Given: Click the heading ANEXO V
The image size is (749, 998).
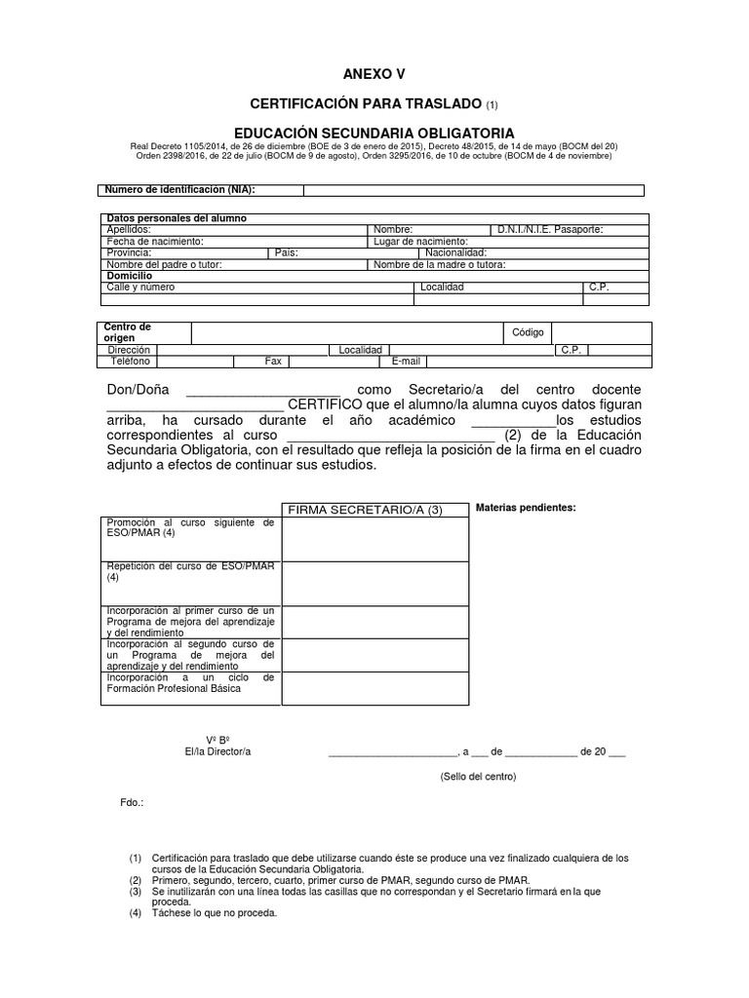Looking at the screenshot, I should (374, 74).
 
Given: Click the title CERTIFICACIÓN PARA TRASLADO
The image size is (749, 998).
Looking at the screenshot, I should (366, 103).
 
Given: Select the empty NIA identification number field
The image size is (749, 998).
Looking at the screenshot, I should (473, 190).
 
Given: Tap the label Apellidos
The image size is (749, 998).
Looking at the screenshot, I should (129, 229).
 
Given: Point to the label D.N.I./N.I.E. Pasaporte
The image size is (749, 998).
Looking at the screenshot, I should (550, 229).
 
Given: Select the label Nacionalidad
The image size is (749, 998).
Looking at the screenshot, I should (462, 252).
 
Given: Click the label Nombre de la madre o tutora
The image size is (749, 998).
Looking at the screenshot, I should (439, 264).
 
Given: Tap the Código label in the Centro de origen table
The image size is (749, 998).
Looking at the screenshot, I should (528, 332).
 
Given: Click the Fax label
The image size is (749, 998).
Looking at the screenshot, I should (273, 361).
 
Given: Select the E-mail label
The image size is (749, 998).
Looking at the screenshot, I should (405, 361).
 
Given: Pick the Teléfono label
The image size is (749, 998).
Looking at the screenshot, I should (130, 361).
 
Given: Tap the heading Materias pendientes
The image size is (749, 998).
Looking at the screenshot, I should (525, 508).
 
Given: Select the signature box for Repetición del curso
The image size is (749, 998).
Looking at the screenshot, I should (374, 583).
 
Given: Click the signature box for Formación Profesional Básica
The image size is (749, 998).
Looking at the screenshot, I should (374, 687).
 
